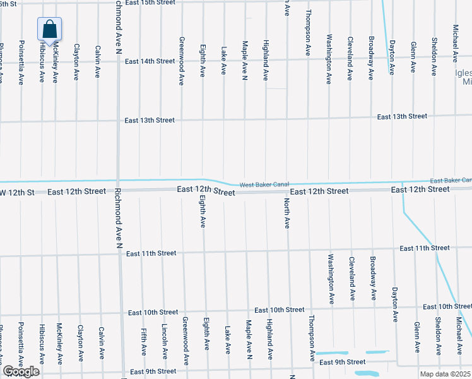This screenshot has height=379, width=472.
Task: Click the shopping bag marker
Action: (x=50, y=29)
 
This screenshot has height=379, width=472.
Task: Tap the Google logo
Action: (x=20, y=371)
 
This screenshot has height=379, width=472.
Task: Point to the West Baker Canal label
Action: (x=264, y=184)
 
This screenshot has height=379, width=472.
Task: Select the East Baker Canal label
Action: (x=451, y=181)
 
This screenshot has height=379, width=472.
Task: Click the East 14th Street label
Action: (x=150, y=61)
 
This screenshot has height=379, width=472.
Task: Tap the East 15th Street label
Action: (x=150, y=3)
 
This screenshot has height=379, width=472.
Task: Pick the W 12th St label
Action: (x=16, y=191)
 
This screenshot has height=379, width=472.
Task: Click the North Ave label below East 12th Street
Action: (x=286, y=213)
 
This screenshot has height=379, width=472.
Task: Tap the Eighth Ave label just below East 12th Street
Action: (x=203, y=213)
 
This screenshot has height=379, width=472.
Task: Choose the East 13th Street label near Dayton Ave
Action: (x=402, y=117)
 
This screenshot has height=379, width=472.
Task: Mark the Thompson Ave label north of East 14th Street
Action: (x=308, y=33)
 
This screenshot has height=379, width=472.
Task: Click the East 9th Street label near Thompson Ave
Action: (x=342, y=362)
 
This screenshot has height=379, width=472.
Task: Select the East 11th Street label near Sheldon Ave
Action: (x=424, y=248)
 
